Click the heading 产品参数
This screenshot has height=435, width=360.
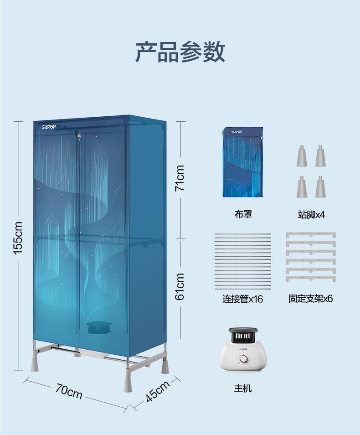coord(180,52)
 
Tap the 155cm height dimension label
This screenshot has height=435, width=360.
coord(18,238)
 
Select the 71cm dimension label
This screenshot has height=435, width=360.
coord(180,178)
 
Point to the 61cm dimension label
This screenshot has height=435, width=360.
coord(180,286)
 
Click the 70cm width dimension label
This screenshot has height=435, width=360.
coord(69,391)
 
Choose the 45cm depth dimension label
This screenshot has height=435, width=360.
coord(157,391)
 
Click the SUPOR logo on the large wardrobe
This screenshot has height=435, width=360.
coord(49,127)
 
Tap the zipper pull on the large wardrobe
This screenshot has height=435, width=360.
coord(79,137)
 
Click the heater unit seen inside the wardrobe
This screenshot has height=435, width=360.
coord(98,327)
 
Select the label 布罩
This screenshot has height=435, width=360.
coord(243,214)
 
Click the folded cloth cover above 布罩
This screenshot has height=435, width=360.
coord(243,162)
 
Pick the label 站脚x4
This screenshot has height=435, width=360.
coord(311,214)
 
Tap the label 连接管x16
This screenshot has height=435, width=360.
coord(242,299)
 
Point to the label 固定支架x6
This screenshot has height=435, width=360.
coord(311,299)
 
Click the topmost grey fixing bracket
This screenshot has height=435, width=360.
coord(311,235)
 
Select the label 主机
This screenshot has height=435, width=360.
coord(243,388)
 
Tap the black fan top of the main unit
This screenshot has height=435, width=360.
coord(243,335)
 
